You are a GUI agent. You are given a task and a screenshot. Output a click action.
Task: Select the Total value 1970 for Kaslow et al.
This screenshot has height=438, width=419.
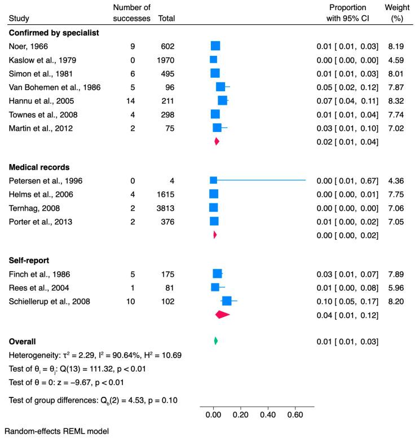pos(167,60)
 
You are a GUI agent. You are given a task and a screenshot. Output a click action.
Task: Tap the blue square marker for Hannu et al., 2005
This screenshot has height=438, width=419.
pos(223,100)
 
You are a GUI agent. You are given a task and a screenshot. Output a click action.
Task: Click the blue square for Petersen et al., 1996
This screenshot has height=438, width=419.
pos(213,180)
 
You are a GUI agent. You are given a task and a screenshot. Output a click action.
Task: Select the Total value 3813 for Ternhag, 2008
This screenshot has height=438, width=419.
pos(167,207)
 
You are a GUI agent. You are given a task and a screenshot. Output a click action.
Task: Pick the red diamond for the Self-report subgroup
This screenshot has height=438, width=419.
pos(222,315)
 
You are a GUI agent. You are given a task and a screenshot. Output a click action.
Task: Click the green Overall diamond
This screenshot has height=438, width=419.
pos(215,341)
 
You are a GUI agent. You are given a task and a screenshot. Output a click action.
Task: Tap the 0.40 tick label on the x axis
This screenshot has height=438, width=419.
pos(268,415)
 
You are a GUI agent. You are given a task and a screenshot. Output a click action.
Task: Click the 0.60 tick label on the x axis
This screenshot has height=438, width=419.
pos(295,415)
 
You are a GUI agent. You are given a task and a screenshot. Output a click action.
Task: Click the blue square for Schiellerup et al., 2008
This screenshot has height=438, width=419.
pos(227,301)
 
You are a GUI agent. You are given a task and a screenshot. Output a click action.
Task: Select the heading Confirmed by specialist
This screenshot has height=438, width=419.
pos(54,33)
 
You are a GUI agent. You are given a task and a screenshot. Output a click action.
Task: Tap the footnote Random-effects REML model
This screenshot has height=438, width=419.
pos(55,431)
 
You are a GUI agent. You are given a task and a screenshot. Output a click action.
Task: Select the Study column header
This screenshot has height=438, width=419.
pos(19,19)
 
